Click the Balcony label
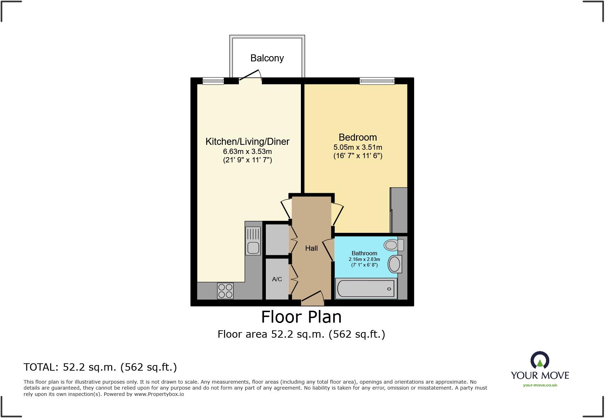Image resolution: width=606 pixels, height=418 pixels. click(x=267, y=58)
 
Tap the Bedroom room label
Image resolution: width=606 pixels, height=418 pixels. click(x=357, y=137)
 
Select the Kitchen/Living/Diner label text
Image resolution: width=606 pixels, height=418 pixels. click(x=247, y=142)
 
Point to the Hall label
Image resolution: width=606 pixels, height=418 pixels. click(x=311, y=248)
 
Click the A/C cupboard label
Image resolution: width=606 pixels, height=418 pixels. click(x=277, y=279)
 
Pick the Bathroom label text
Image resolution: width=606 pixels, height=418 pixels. click(x=364, y=253)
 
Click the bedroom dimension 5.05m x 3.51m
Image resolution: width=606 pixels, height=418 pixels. click(x=357, y=147)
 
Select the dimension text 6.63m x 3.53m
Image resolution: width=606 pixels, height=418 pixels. click(x=247, y=151)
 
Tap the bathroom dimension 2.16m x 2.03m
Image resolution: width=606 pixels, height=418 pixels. click(x=364, y=259)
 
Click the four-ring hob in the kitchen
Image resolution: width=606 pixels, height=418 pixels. click(x=225, y=291)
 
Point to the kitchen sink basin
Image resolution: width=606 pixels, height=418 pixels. click(x=253, y=247)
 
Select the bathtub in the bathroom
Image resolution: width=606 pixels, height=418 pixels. click(x=366, y=289)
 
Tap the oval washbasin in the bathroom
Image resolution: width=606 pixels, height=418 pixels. click(x=395, y=264)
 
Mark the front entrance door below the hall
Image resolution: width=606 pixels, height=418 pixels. click(x=312, y=296)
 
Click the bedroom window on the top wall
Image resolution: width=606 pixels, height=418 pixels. click(x=377, y=81)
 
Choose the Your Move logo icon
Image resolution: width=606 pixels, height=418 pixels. click(x=539, y=360)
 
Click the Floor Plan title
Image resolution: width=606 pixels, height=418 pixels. click(x=301, y=317)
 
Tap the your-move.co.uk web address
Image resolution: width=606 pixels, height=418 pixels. click(x=540, y=385)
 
